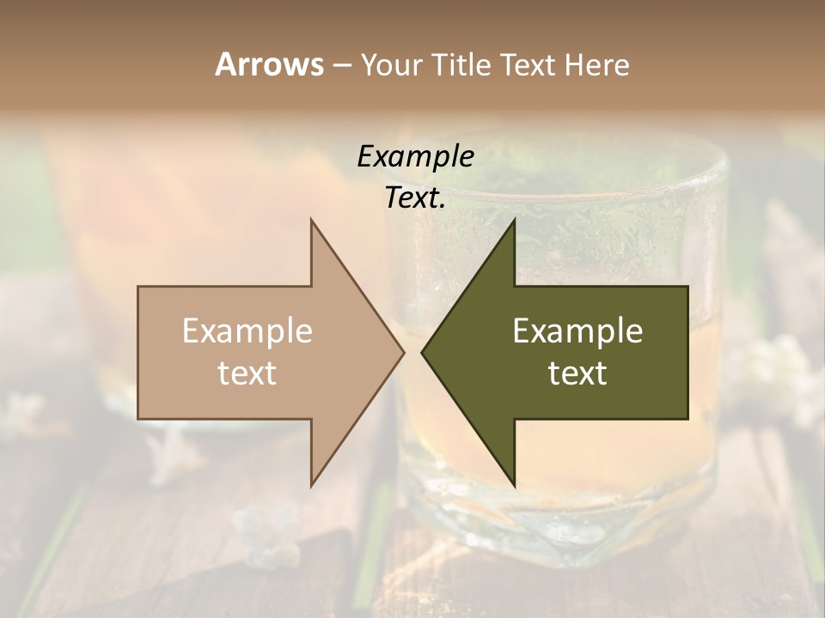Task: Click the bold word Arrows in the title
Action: point(269,64)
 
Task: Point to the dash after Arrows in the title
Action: point(341,66)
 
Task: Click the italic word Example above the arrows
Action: point(415,157)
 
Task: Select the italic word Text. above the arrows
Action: point(415,198)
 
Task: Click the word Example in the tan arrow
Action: point(247,331)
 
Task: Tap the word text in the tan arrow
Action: point(247,373)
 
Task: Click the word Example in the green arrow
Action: point(577,331)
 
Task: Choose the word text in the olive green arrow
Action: point(577,373)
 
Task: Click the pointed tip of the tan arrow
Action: point(403,352)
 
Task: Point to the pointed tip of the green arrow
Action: point(422,352)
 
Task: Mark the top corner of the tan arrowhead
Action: point(312,221)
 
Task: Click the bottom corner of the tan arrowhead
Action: point(312,485)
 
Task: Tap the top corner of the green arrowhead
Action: point(514,221)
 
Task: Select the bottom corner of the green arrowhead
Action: point(514,485)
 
